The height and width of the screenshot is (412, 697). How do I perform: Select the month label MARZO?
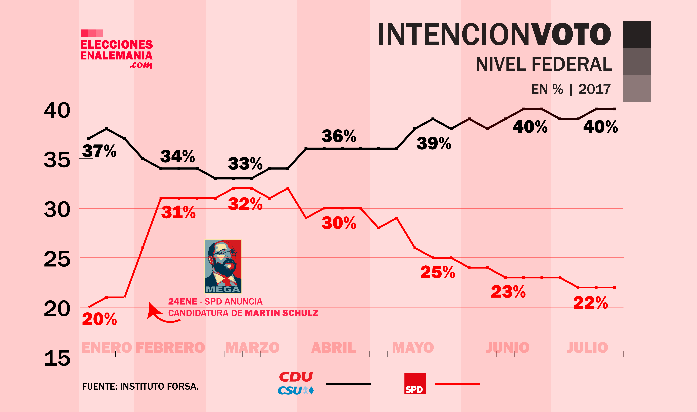pos(252,348)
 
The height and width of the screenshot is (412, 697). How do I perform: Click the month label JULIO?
pos(588,348)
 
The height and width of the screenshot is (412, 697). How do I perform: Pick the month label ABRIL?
pos(334,348)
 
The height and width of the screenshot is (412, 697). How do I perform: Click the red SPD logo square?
pos(415,383)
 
